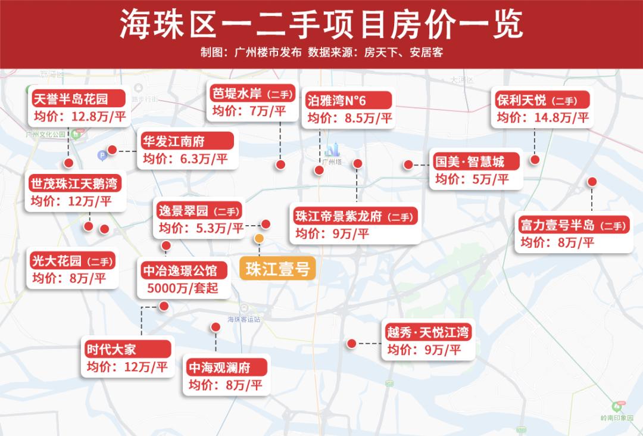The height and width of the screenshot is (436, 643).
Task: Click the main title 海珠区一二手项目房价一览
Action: [x=321, y=23]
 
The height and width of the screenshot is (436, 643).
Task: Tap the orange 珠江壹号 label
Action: [x=277, y=269]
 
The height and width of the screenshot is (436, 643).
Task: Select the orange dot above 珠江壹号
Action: [x=259, y=238]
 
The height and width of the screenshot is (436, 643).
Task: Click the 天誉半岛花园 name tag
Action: [x=71, y=98]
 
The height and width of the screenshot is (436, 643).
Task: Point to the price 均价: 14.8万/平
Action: [x=542, y=117]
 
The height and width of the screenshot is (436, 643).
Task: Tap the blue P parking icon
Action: [x=102, y=155]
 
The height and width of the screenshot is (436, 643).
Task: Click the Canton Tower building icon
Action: [x=332, y=150]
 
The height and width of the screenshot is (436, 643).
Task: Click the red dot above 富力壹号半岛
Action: [x=592, y=182]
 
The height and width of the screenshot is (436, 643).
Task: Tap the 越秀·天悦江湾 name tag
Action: [x=427, y=331]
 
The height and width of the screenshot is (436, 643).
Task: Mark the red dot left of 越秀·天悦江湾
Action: [x=351, y=344]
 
